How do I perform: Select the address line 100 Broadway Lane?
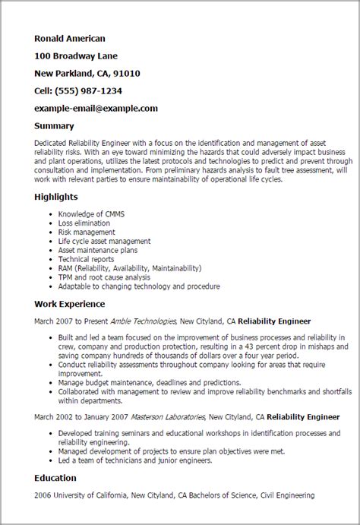(x=76, y=55)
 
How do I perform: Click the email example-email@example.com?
(x=96, y=108)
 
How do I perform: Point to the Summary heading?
(x=54, y=125)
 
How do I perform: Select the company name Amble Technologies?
(x=144, y=321)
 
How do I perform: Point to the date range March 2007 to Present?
(x=72, y=321)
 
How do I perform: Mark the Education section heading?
(x=55, y=478)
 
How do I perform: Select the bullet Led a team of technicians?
(x=117, y=460)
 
